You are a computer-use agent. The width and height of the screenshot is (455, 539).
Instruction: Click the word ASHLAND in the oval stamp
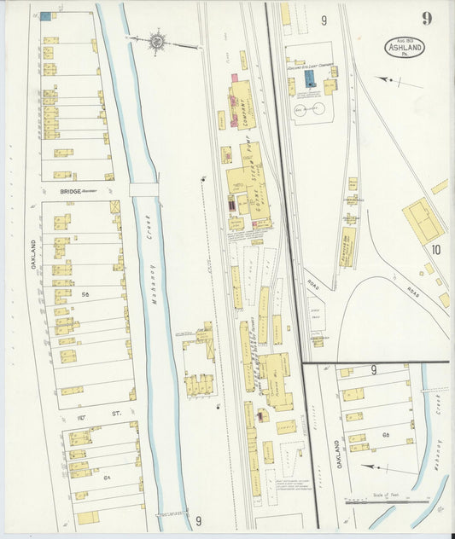[x=405, y=49]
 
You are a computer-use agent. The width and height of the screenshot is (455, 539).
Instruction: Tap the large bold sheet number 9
[x=426, y=19]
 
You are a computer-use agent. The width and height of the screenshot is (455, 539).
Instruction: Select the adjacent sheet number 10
[x=435, y=250]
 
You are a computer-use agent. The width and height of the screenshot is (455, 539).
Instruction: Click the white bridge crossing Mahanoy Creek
[x=143, y=189]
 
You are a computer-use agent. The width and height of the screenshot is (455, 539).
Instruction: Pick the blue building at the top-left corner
[x=44, y=15]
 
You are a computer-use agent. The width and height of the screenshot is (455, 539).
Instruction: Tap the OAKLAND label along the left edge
[x=35, y=253]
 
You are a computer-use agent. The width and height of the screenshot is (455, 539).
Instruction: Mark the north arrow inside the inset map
[x=376, y=467]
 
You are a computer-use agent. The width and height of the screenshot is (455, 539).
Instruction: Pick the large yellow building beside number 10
[x=422, y=220]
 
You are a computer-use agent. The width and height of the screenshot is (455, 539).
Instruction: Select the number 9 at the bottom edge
[x=198, y=521]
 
